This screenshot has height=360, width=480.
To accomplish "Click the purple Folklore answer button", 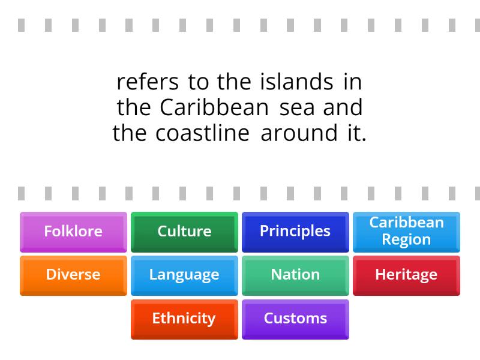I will [73, 231].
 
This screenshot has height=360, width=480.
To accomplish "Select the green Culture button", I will [184, 231].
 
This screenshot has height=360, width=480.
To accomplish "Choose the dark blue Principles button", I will [295, 231].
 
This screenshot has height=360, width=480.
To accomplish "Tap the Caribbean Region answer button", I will [406, 231].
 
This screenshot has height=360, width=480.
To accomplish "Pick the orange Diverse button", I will [73, 275].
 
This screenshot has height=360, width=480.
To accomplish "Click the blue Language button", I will [184, 275].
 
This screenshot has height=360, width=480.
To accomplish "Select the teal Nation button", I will [295, 275].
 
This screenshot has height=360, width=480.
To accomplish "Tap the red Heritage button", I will [406, 275].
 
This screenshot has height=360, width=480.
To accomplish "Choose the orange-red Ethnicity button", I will [184, 319].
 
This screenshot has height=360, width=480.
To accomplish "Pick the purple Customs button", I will [295, 319].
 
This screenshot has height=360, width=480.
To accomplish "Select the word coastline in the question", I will [202, 133].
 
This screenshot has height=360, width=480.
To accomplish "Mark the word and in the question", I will [343, 107].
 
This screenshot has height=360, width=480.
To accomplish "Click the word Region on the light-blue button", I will [406, 239].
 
